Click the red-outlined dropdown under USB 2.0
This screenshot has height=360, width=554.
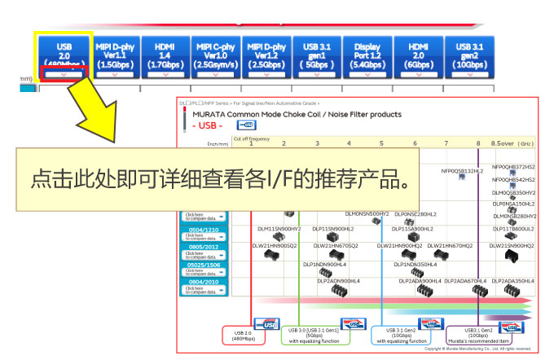click(x=64, y=75)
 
